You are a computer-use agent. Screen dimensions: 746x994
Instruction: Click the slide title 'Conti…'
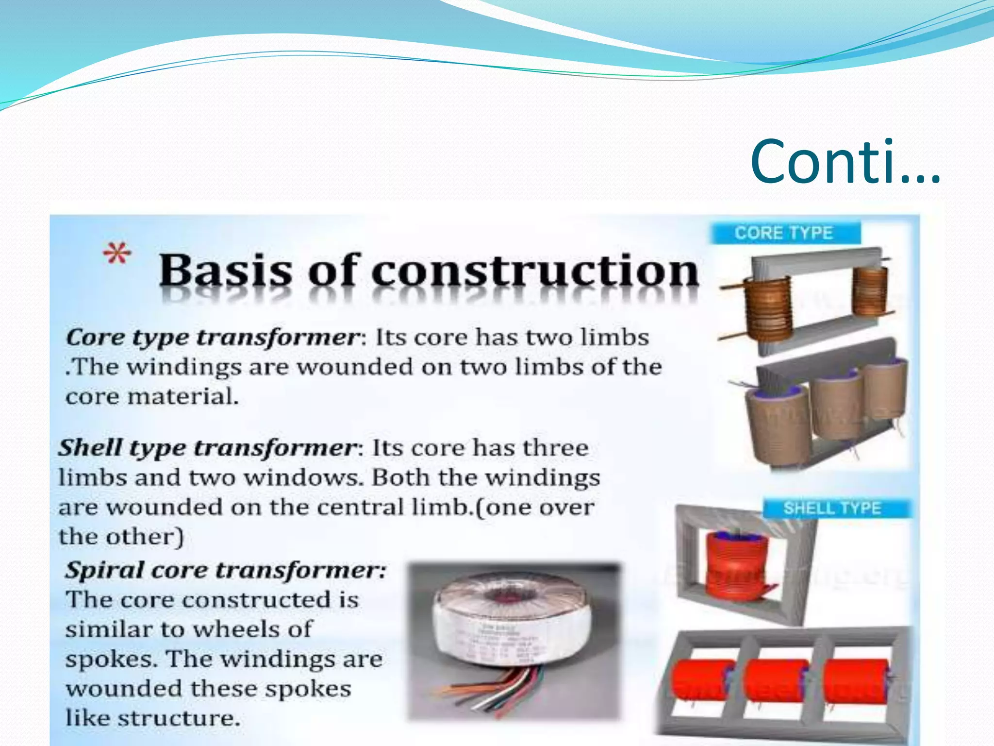pos(845,162)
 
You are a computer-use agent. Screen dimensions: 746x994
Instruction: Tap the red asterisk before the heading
pos(117,254)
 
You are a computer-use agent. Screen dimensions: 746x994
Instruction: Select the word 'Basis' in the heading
pos(226,271)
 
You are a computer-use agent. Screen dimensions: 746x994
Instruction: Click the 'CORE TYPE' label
pos(784,233)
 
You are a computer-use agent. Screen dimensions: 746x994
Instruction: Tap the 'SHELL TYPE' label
pos(832,509)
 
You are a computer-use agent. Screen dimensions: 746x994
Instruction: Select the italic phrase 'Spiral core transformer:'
pos(226,570)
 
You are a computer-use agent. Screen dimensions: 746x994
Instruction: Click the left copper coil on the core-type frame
pos(766,308)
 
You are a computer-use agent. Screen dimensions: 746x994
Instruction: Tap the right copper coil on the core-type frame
pos(869,291)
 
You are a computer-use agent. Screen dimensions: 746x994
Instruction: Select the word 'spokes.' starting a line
pos(112,660)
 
